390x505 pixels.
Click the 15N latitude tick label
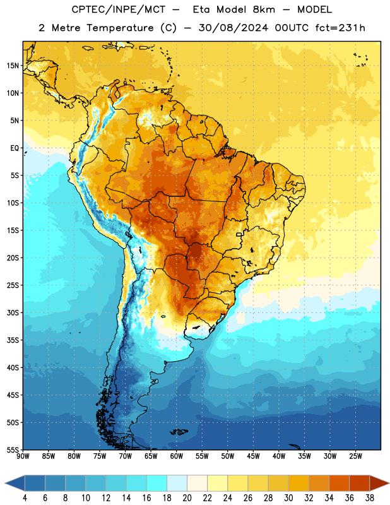pos(13,66)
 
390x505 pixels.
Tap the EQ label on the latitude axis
pos(15,148)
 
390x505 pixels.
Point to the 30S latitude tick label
pos(13,312)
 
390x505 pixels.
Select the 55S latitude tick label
pos(13,449)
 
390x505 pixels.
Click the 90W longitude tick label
pos(23,456)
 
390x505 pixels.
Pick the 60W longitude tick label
pos(177,456)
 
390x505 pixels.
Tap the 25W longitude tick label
pos(355,456)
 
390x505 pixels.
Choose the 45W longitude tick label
pos(253,456)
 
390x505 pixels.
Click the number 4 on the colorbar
pos(25,498)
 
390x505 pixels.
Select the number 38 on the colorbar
pos(370,498)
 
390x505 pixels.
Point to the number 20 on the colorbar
pos(187,498)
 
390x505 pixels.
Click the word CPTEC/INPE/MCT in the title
pos(118,9)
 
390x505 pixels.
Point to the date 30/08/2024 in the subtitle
pos(233,28)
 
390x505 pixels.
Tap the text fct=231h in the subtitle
pos(340,28)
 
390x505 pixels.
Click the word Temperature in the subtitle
pos(120,28)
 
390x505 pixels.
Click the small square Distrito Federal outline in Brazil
pos(239,234)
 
